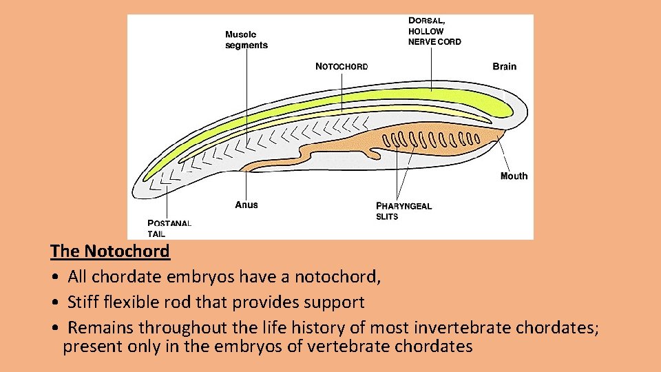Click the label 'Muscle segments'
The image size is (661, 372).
click(x=246, y=40)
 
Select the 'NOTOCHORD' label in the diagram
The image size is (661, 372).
click(x=342, y=67)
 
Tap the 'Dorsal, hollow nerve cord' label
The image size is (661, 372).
click(x=434, y=31)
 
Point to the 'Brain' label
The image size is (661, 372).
click(x=504, y=67)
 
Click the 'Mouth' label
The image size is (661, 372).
click(x=514, y=176)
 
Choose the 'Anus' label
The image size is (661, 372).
click(x=246, y=205)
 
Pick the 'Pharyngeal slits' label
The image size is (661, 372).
click(x=403, y=211)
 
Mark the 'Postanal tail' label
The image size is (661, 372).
click(x=169, y=228)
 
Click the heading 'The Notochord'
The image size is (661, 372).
click(x=110, y=251)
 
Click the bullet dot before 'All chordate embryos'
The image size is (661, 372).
click(x=54, y=278)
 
